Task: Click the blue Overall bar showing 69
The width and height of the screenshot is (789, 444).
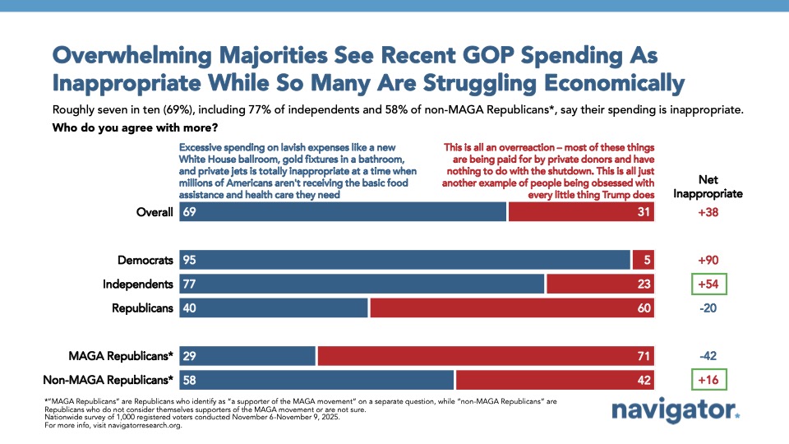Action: (343, 212)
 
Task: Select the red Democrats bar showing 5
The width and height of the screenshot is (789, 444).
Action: (644, 260)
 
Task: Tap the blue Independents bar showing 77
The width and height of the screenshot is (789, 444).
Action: (362, 284)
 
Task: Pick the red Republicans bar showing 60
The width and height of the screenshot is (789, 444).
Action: (512, 308)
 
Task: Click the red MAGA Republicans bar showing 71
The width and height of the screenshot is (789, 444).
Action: (486, 356)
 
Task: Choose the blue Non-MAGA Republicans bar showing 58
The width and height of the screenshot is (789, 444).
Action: (316, 380)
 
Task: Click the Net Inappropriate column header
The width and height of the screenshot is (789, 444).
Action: (709, 187)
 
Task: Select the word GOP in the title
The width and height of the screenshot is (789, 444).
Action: (445, 56)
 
